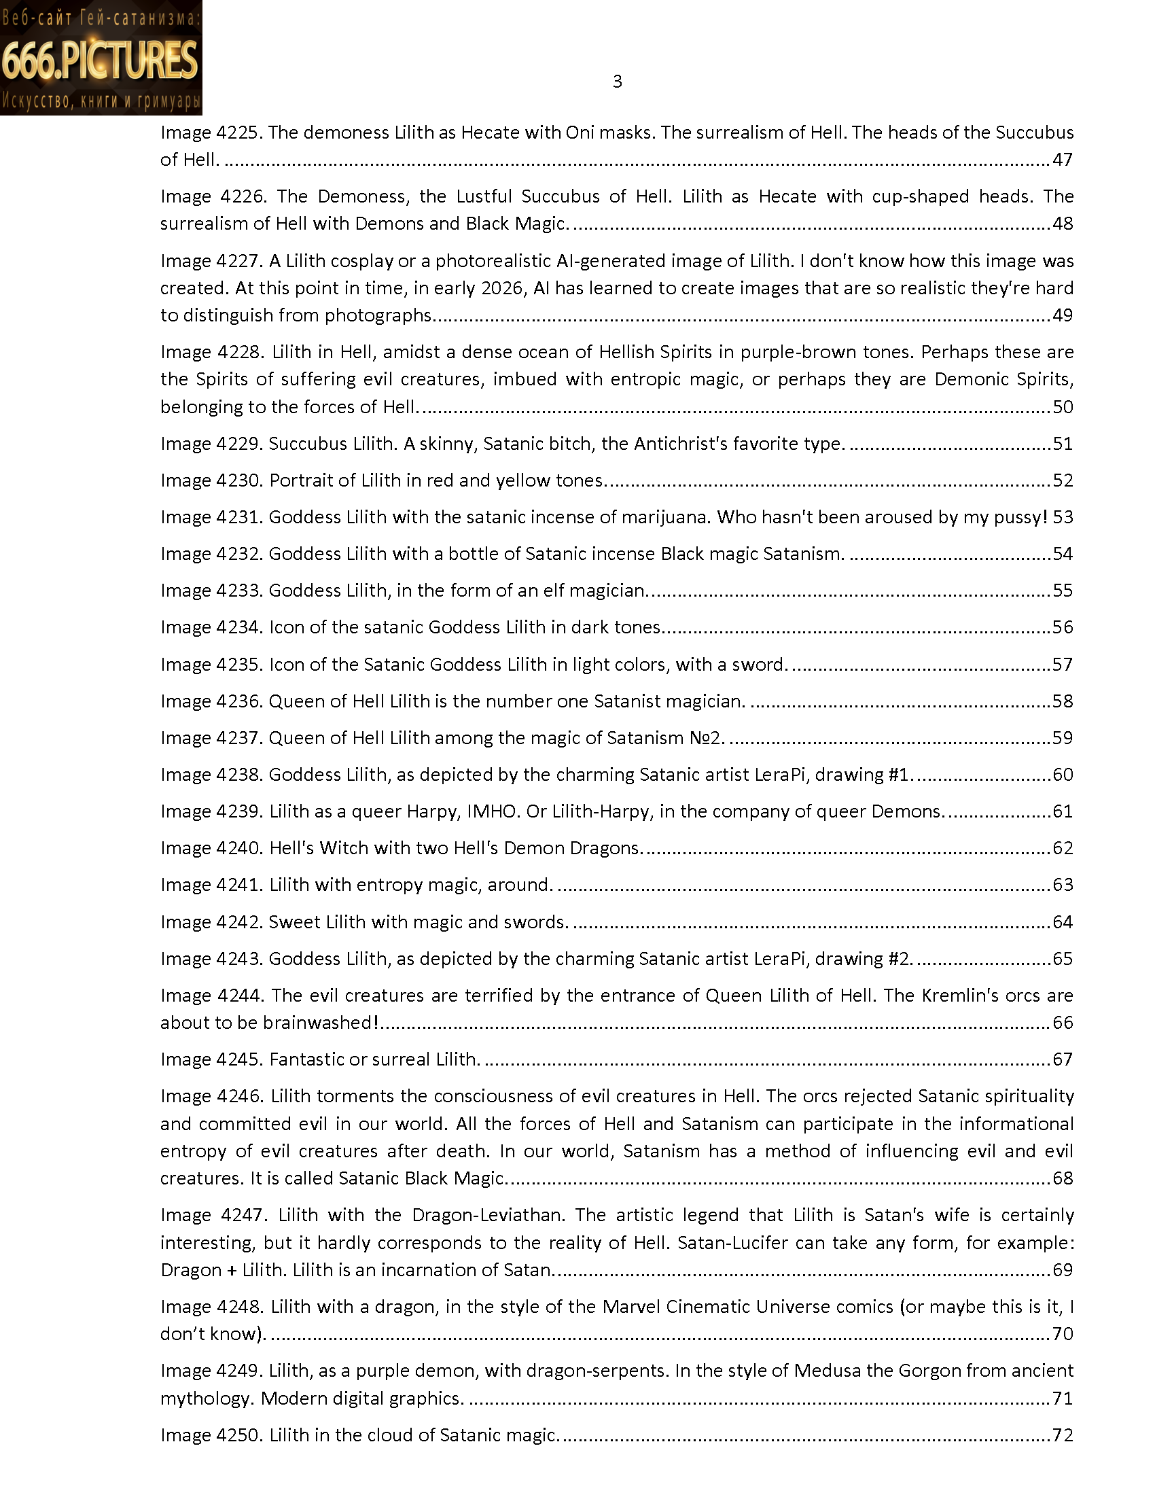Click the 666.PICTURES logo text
(100, 60)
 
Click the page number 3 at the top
(617, 82)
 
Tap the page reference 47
(1062, 160)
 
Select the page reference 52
(1062, 480)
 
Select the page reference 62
(1062, 848)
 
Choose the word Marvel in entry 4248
(632, 1307)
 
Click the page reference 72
(1062, 1435)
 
